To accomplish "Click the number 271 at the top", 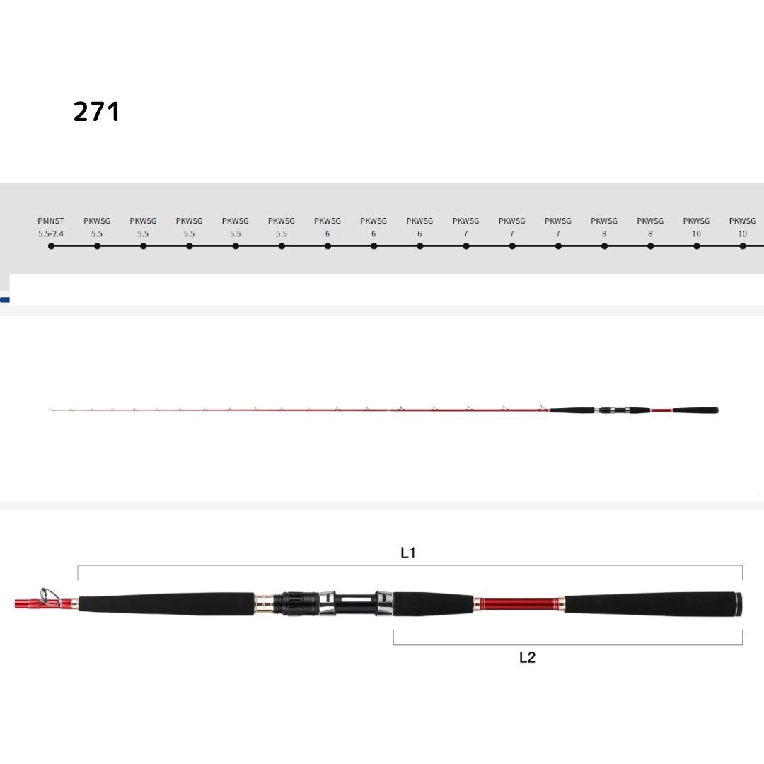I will pyautogui.click(x=97, y=112).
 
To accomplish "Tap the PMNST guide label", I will pyautogui.click(x=51, y=221).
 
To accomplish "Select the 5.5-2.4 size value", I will pyautogui.click(x=51, y=233).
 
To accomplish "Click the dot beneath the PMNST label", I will pyautogui.click(x=51, y=246).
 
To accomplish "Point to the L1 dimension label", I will pyautogui.click(x=408, y=553).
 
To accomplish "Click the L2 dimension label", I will pyautogui.click(x=527, y=657).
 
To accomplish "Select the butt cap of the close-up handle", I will pyautogui.click(x=738, y=605).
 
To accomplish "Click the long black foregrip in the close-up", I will pyautogui.click(x=166, y=604).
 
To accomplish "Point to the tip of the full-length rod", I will pyautogui.click(x=50, y=410).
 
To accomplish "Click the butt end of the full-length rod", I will pyautogui.click(x=716, y=410).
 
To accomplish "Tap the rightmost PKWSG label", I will pyautogui.click(x=742, y=221).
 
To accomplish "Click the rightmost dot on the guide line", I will pyautogui.click(x=743, y=246).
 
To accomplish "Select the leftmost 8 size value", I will pyautogui.click(x=604, y=233).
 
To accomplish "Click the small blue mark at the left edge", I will pyautogui.click(x=5, y=300).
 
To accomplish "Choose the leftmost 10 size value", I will pyautogui.click(x=696, y=233).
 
